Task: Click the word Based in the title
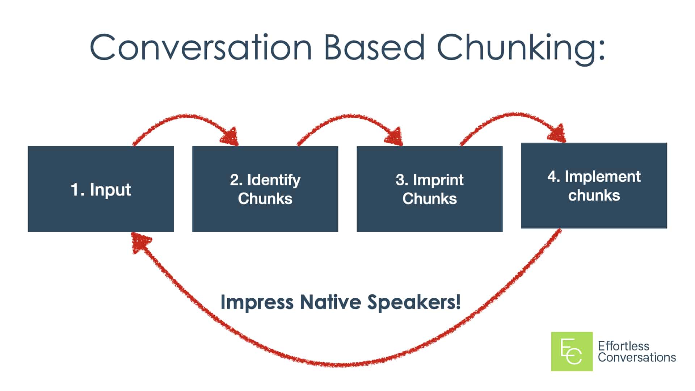point(374,48)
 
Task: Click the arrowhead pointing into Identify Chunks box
point(230,137)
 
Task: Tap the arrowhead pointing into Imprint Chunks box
point(395,137)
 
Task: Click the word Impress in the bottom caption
point(257,302)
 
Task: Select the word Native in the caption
point(330,302)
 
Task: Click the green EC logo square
point(572,351)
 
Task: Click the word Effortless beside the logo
point(623,346)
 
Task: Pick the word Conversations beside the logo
point(637,357)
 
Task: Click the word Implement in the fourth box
point(602,177)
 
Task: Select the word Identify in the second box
point(274,180)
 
